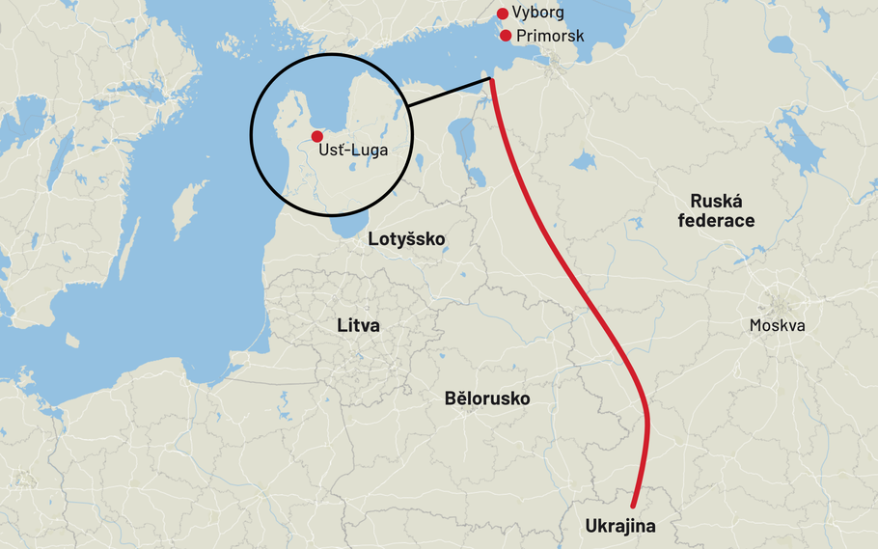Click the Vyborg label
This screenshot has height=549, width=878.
[537, 14]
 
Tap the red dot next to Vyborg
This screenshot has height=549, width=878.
[502, 14]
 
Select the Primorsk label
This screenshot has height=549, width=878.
[550, 36]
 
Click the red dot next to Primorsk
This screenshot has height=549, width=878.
[506, 36]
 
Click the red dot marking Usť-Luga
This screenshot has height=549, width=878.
[317, 137]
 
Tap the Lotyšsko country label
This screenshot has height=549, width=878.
[407, 238]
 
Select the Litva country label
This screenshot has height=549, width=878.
[358, 326]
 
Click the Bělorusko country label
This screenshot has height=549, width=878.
[487, 398]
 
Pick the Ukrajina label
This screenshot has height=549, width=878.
[620, 527]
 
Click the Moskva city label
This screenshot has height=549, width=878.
[777, 326]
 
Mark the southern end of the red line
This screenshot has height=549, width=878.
[634, 505]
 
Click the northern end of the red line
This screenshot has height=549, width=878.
[493, 80]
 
